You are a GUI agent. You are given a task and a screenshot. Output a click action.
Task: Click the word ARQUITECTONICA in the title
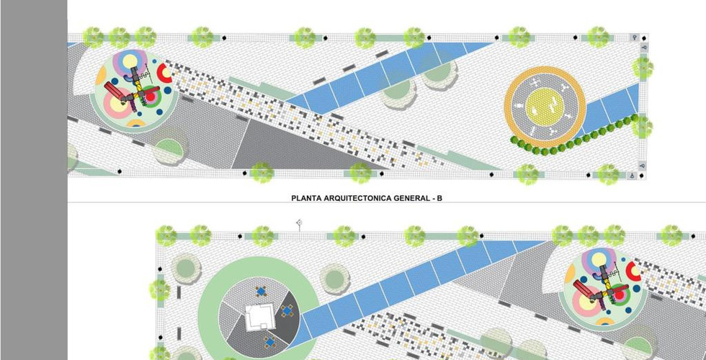coord(352,197)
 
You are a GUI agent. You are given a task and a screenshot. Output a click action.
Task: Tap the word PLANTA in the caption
coord(305,197)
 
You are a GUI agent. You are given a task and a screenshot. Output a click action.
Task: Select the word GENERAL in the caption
coord(408,197)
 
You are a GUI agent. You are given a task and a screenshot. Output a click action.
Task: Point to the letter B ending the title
coord(439,197)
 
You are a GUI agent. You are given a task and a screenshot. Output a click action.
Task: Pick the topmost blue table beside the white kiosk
coord(260,292)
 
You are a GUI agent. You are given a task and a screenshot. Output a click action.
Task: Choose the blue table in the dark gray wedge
coord(287,312)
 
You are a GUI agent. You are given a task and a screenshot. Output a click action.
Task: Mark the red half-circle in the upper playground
coord(165,73)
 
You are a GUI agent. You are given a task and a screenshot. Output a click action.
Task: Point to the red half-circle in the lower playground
coord(635,271)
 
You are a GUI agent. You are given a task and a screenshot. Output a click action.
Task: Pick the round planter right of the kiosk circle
coord(333,278)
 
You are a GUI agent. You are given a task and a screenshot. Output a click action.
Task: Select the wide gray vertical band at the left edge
coord(34,180)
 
